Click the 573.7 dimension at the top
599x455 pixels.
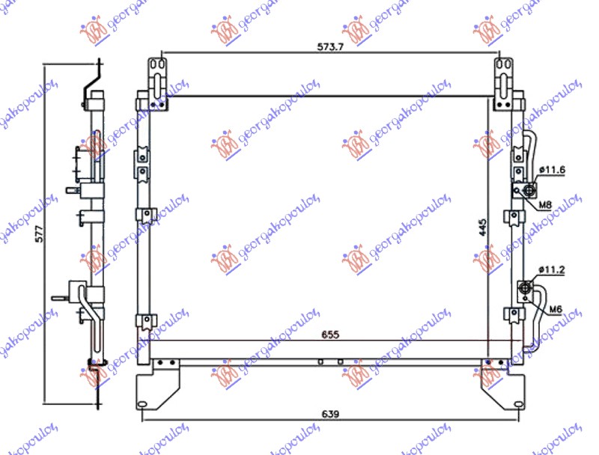(329, 46)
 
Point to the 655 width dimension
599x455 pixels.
(331, 335)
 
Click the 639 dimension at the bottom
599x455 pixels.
(331, 414)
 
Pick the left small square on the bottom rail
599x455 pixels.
(319, 361)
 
